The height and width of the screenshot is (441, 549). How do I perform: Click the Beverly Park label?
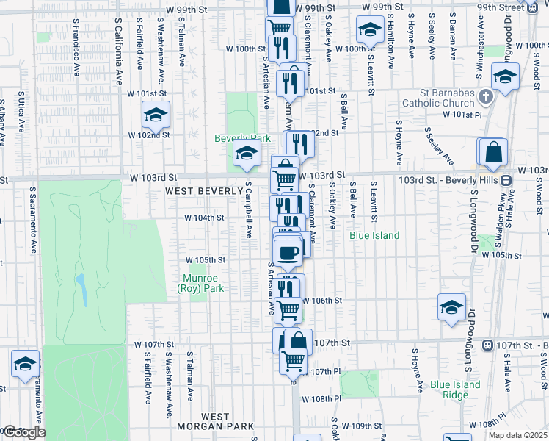(237, 138)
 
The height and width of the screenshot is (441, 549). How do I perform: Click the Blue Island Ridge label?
(455, 390)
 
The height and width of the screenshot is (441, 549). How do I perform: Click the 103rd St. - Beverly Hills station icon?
(506, 180)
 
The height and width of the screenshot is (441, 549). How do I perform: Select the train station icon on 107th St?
(487, 345)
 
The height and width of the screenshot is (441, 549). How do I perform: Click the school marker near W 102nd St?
(156, 115)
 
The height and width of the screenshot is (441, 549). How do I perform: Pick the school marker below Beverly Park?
(247, 154)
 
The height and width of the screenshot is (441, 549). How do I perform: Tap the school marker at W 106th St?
(451, 307)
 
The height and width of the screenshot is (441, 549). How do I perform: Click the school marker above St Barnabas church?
(505, 76)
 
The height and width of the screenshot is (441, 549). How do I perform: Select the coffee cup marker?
(288, 254)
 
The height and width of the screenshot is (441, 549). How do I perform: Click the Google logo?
(24, 432)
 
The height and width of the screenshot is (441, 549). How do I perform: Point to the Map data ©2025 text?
(517, 434)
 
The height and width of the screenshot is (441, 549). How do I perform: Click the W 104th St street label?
(204, 218)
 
